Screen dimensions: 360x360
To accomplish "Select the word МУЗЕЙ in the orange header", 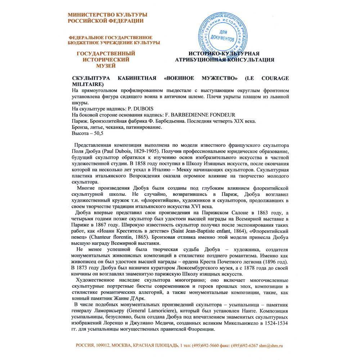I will pyautogui.click(x=105, y=66).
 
